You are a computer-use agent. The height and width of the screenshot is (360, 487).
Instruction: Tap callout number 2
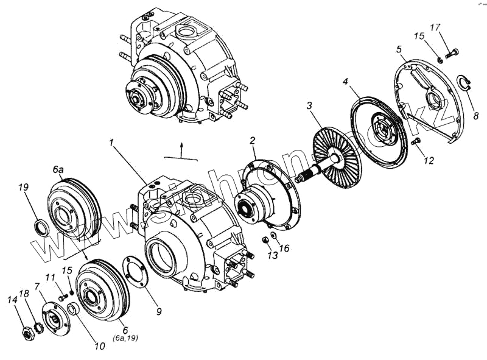pyautogui.click(x=252, y=142)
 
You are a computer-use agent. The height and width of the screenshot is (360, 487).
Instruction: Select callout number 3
pyautogui.click(x=310, y=105)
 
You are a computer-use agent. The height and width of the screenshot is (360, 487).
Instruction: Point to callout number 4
pyautogui.click(x=345, y=81)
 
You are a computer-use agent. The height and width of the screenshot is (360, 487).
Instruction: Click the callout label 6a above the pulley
pyautogui.click(x=58, y=170)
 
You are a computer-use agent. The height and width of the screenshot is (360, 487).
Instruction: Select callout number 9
pyautogui.click(x=158, y=311)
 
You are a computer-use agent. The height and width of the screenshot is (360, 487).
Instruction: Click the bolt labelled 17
pyautogui.click(x=451, y=54)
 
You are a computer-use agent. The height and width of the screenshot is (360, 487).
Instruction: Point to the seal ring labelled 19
pyautogui.click(x=40, y=228)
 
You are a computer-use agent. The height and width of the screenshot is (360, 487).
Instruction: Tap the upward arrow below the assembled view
pyautogui.click(x=181, y=146)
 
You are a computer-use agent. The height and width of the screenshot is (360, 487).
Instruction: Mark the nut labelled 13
pyautogui.click(x=266, y=239)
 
